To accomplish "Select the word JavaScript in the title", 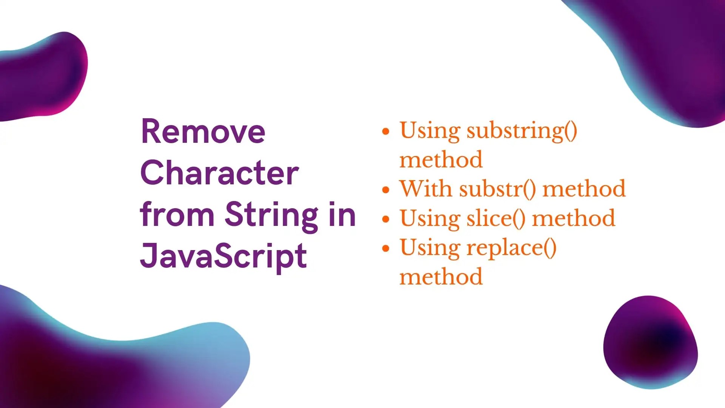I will [223, 256].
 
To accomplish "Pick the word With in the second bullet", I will [426, 189].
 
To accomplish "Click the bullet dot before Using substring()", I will [385, 131].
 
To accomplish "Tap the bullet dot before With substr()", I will [385, 190].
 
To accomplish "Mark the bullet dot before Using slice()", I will [385, 219].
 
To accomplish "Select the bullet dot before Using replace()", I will [385, 249].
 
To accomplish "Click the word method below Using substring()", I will [441, 160].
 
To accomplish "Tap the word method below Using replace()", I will [441, 277].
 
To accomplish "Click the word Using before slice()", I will [430, 218].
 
